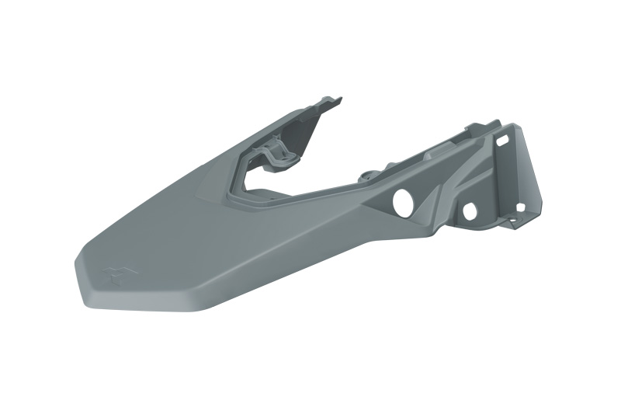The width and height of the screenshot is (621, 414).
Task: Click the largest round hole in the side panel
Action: point(404,202)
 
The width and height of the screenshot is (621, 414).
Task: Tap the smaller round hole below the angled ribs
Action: point(469,210)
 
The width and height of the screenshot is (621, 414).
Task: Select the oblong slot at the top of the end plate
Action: point(502,139)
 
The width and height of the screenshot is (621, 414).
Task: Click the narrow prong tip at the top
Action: point(335,99)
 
